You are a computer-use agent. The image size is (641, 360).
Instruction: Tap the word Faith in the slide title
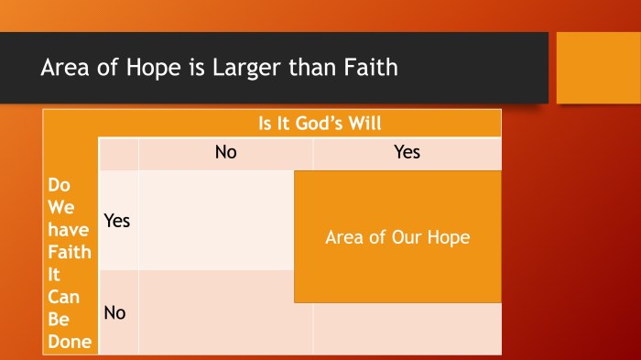[371, 68]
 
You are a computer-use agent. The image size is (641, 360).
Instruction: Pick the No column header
[225, 152]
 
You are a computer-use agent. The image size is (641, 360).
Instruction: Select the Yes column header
[407, 152]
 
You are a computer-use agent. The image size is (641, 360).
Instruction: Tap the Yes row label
[117, 221]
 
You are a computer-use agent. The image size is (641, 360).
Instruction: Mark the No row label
[115, 312]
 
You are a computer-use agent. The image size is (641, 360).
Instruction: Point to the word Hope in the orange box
[447, 237]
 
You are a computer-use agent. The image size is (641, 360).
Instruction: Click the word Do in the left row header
[58, 186]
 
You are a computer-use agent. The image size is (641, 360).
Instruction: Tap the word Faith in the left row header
[70, 251]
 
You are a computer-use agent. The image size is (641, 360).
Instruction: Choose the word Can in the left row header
[63, 297]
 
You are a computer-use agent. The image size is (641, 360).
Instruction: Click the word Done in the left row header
[70, 343]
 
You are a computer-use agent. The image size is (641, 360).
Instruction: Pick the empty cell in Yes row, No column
[216, 221]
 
